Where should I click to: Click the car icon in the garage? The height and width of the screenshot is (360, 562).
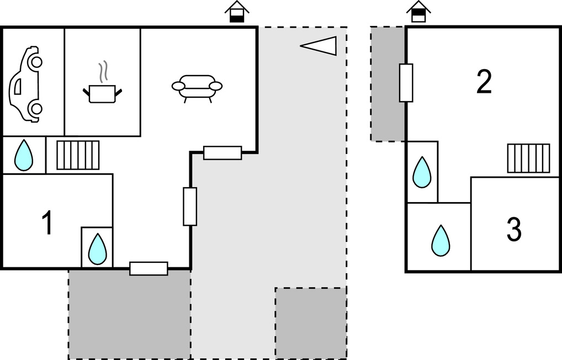(x=25, y=84)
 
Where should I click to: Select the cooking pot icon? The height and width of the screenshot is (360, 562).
(x=102, y=93)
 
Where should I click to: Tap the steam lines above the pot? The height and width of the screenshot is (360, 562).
(x=102, y=71)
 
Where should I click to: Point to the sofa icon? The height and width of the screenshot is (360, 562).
(x=197, y=88)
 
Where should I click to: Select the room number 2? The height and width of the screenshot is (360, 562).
(x=484, y=82)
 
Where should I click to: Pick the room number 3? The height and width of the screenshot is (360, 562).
(x=514, y=230)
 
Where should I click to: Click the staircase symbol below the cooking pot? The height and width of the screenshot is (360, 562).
(x=78, y=155)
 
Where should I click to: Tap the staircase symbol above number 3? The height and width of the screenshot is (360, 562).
(x=528, y=158)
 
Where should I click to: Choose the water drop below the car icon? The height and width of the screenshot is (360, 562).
(x=23, y=155)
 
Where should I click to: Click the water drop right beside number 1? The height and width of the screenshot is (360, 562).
(x=97, y=248)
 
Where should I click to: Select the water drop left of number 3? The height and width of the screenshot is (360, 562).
(x=440, y=241)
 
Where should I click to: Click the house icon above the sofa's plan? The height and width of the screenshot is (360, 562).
(x=237, y=12)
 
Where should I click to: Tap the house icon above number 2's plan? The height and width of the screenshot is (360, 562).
(x=418, y=11)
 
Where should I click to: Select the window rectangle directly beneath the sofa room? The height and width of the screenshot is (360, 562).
(x=222, y=152)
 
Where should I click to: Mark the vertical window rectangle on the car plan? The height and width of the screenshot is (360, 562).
(x=190, y=207)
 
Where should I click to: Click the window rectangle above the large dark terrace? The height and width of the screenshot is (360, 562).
(x=149, y=268)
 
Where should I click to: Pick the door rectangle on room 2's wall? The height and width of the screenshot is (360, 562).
(x=406, y=83)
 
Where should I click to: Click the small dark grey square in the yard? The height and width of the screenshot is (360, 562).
(x=311, y=323)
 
